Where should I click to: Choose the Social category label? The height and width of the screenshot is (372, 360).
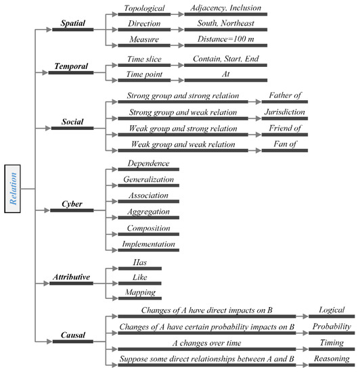71,122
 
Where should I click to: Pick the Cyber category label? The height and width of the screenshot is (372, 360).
71,204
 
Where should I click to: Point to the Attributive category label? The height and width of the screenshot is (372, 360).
71,277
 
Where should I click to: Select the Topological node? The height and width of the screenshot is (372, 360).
143,8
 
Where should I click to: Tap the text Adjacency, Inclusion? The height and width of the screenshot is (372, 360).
225,8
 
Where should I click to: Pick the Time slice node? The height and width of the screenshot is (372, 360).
143,60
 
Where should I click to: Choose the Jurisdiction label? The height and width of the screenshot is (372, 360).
284,112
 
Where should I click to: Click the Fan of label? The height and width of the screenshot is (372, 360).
284,144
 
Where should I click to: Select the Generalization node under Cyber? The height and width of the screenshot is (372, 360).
149,180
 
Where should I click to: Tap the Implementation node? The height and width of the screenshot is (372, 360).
149,244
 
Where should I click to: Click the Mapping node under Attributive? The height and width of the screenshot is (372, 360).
139,293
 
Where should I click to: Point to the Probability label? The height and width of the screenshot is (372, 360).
332,327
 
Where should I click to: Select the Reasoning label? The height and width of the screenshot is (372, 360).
332,358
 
